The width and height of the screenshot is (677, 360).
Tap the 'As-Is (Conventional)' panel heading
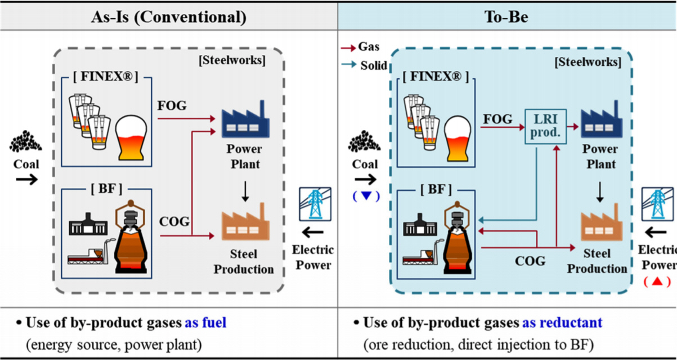click(x=169, y=17)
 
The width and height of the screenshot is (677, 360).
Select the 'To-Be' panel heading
click(x=507, y=17)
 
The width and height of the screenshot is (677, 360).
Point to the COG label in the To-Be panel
click(x=531, y=261)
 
